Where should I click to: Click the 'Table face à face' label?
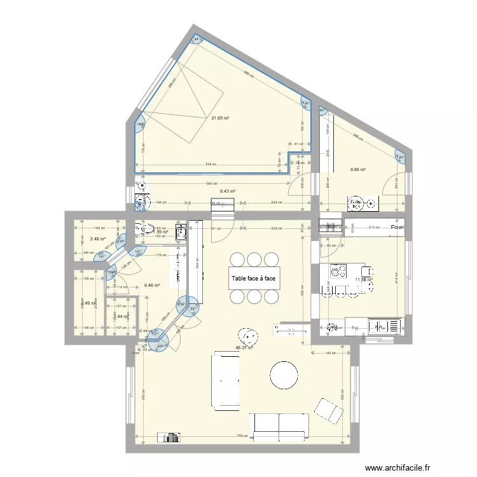coord(253,278)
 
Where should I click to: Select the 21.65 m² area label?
coord(220,118)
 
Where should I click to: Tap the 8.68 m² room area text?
coord(360,169)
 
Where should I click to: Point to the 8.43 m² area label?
coord(227,191)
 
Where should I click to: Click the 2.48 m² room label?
coord(97,239)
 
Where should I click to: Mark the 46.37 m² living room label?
coord(244,347)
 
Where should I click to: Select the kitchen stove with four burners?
coord(337,273)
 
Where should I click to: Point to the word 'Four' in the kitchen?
coord(397,228)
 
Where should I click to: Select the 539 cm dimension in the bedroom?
coord(209,165)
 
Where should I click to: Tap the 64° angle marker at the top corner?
coord(197,39)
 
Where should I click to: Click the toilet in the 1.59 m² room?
coord(146,229)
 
